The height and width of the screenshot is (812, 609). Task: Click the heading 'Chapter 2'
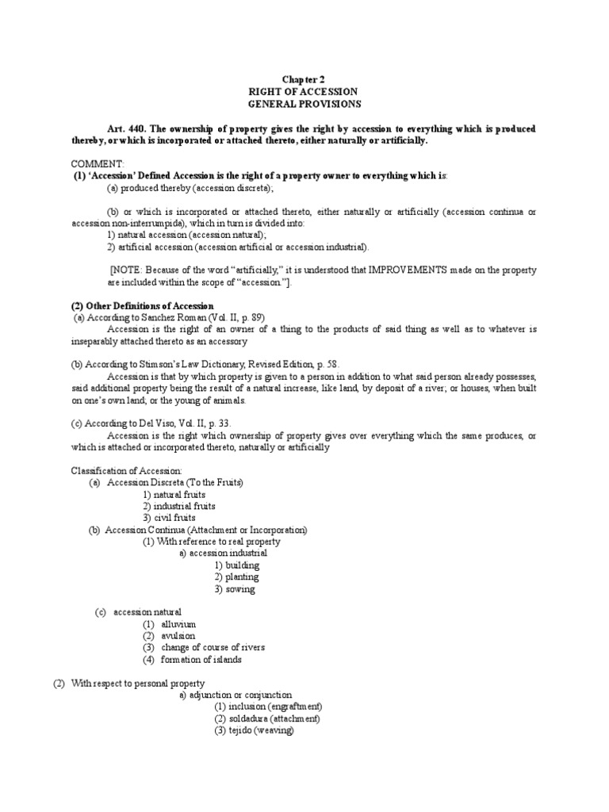pyautogui.click(x=304, y=80)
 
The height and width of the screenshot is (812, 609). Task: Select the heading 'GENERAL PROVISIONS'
pyautogui.click(x=304, y=104)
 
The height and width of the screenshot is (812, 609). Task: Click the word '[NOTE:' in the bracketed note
pyautogui.click(x=124, y=270)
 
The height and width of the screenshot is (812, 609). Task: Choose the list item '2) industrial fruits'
pyautogui.click(x=179, y=506)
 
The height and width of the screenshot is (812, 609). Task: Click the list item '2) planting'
pyautogui.click(x=236, y=577)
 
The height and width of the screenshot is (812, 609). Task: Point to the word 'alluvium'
pyautogui.click(x=178, y=624)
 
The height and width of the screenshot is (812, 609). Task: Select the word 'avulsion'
pyautogui.click(x=178, y=636)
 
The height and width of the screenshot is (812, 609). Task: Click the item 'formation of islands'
pyautogui.click(x=201, y=660)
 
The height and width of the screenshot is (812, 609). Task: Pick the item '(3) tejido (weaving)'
pyautogui.click(x=254, y=730)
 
